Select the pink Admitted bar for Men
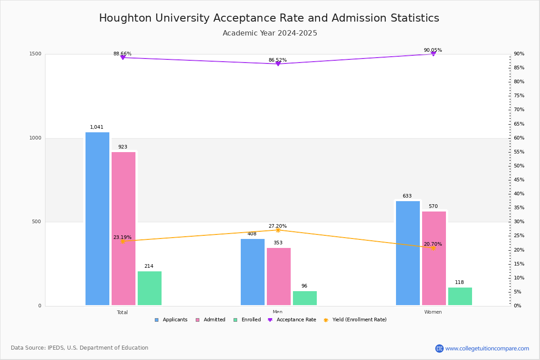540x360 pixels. tap(279, 276)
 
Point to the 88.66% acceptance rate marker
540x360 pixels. tap(122, 58)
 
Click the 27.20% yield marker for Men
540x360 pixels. tap(278, 230)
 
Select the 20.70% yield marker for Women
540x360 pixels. tap(433, 248)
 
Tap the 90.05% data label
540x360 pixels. tap(432, 50)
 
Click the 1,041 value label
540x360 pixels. tap(97, 127)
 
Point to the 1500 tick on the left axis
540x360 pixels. tap(36, 54)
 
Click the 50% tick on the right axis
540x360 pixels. tap(519, 166)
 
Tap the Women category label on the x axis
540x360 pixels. tap(432, 312)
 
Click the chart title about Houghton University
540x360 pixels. tap(269, 18)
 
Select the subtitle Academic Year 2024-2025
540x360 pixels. tap(270, 33)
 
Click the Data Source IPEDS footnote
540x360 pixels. tap(80, 348)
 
